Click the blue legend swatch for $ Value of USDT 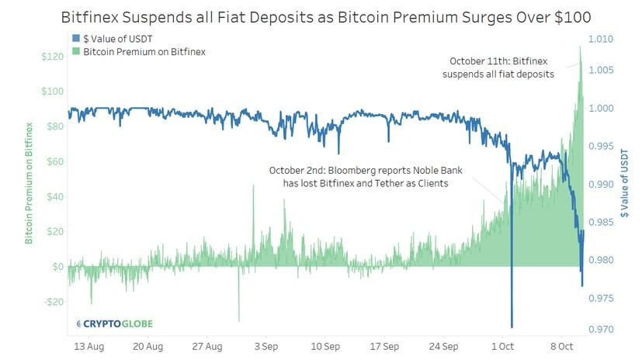pos(75,38)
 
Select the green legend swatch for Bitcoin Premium pos(75,51)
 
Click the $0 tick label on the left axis pos(56,266)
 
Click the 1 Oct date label pos(504,347)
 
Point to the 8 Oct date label pos(562,347)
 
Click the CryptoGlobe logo pos(114,323)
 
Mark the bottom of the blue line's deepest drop pos(512,327)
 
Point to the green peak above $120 pos(579,47)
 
